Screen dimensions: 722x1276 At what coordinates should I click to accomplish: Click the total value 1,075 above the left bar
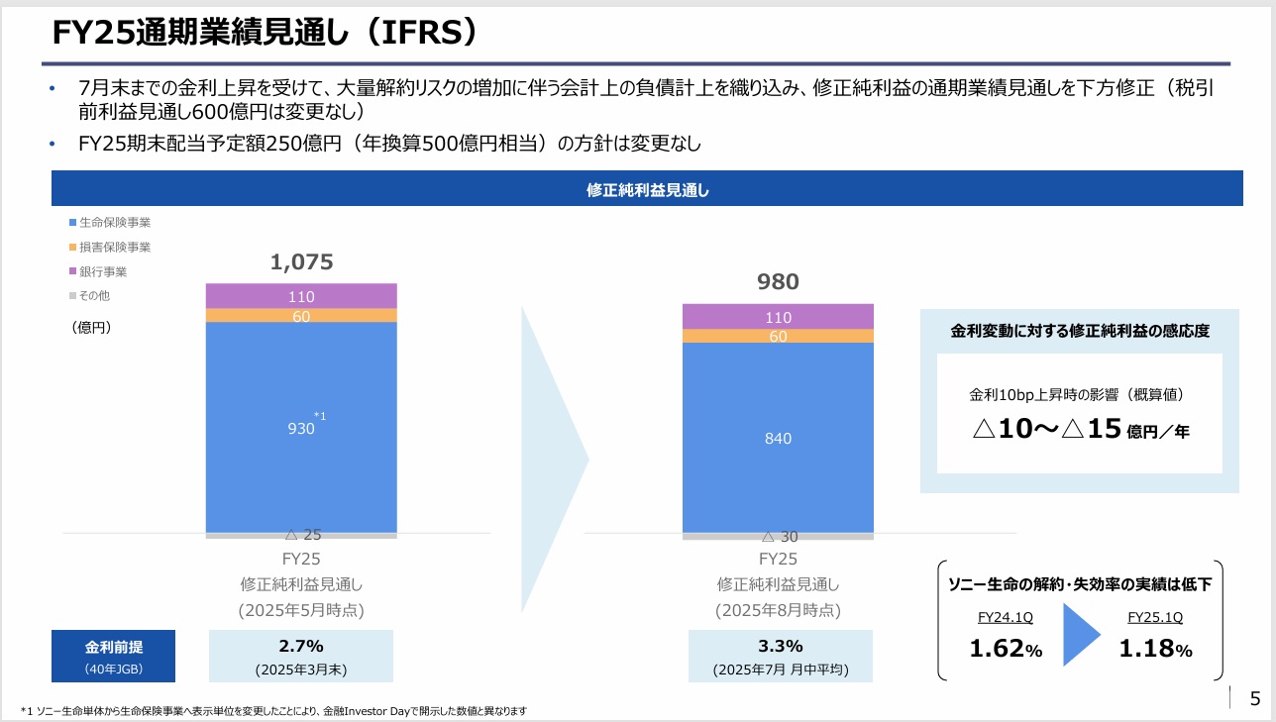pos(301,262)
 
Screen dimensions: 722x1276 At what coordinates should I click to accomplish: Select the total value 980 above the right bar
pos(778,282)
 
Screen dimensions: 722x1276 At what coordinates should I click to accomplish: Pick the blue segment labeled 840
pos(778,438)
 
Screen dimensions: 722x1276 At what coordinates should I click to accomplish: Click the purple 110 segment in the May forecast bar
pos(301,296)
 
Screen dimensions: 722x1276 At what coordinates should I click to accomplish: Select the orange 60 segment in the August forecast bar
pos(778,336)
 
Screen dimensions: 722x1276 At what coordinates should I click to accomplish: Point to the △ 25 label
pos(302,535)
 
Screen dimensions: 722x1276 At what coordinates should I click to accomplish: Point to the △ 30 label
pos(779,537)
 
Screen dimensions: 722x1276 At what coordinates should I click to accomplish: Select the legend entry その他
pos(96,295)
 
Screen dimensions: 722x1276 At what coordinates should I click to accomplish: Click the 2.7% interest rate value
pos(301,646)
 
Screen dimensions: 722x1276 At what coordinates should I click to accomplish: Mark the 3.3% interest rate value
pos(780,646)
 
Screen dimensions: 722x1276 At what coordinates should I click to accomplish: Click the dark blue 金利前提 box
pos(113,656)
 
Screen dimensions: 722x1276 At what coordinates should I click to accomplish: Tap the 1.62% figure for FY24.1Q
pos(1005,650)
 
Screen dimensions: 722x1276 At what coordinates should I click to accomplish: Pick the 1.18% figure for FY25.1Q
pos(1155,650)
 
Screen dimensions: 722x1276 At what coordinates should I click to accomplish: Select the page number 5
pos(1255,698)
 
